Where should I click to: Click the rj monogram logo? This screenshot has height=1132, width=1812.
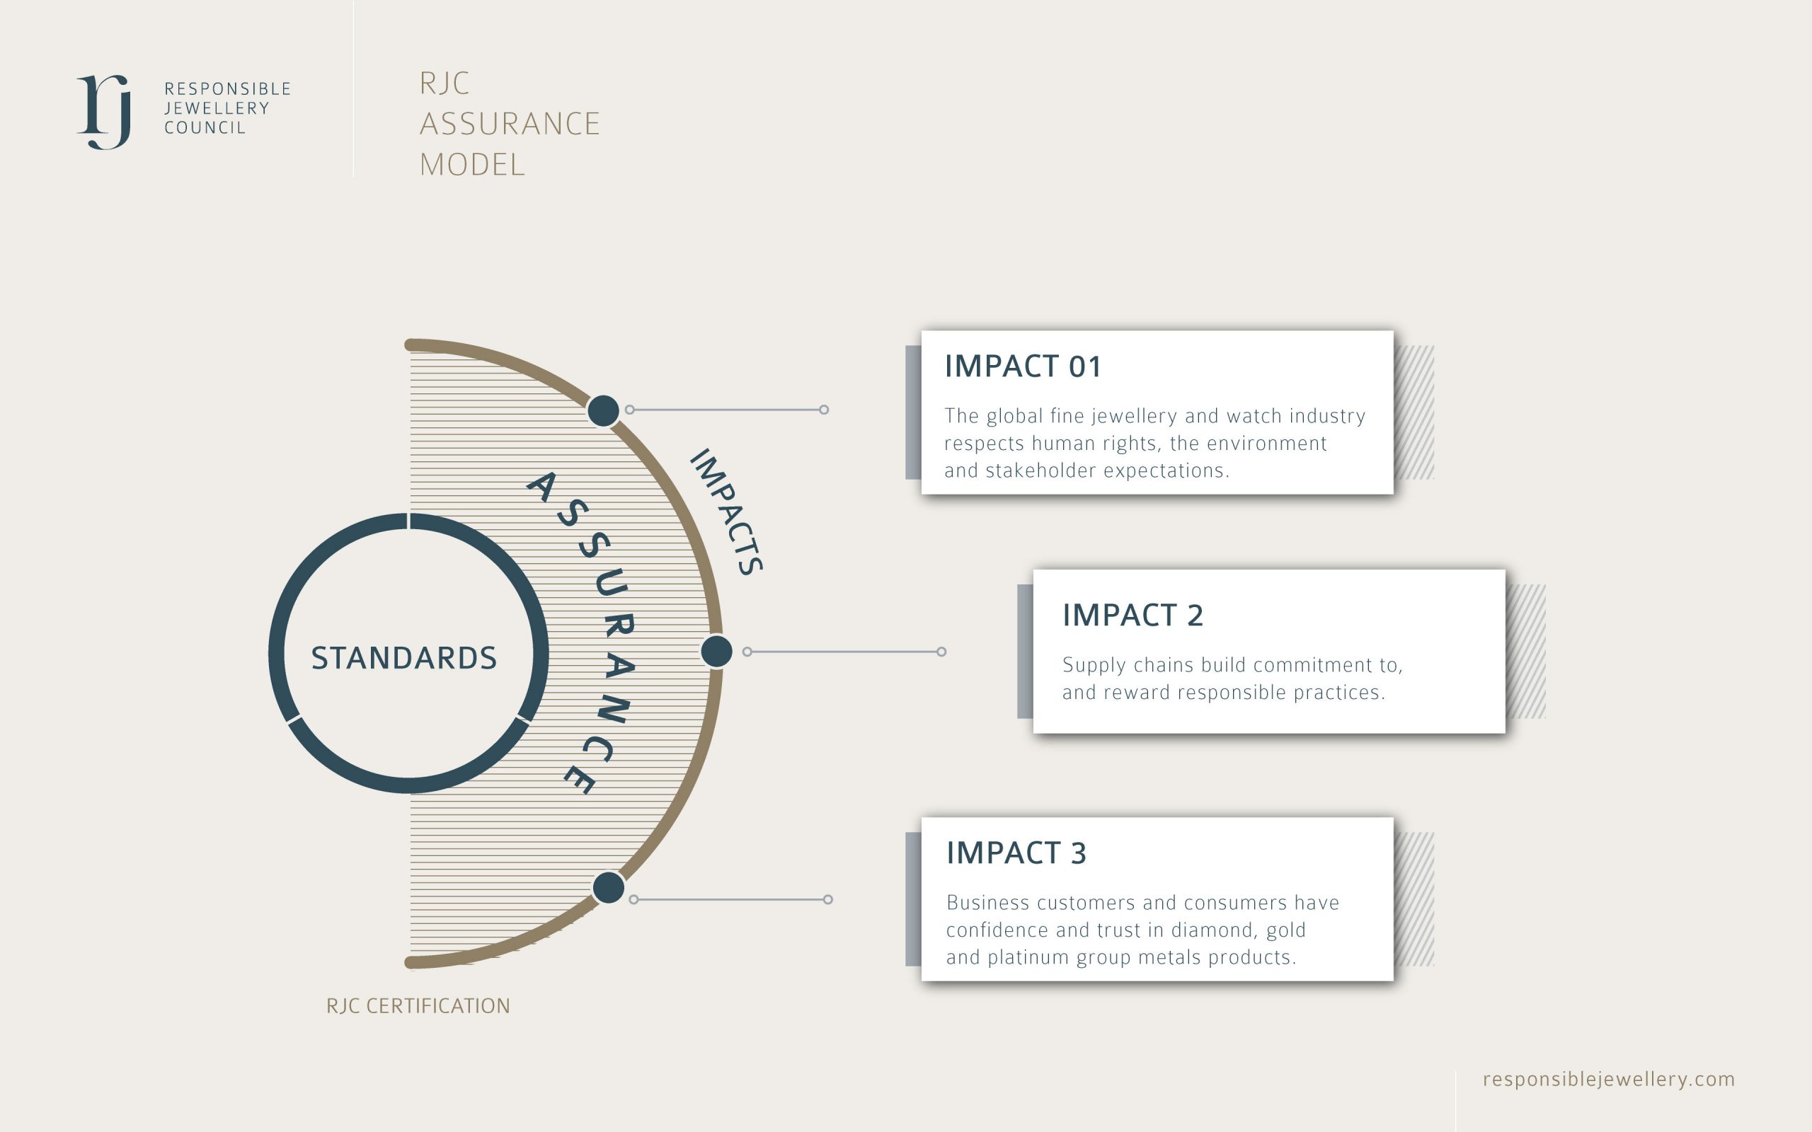[104, 112]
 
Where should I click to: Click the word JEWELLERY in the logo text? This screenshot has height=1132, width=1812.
[217, 108]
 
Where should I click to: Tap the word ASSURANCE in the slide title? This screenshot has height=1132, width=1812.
[510, 124]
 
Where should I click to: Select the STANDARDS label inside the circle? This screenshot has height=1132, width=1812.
[403, 658]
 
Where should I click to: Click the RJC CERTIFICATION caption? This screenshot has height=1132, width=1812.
[418, 1005]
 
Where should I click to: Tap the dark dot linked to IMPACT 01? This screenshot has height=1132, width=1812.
[604, 410]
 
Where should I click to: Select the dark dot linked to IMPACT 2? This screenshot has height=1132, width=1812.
[716, 652]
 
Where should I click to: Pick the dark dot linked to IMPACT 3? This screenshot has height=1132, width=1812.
[609, 888]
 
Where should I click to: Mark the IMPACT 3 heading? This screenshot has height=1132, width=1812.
[1016, 853]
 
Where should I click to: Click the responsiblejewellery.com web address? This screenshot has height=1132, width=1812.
[1609, 1079]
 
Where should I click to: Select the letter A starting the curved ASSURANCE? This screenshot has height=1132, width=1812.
[541, 487]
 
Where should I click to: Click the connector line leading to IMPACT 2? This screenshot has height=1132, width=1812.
[844, 652]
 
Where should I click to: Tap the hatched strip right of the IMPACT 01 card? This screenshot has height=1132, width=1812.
[1414, 412]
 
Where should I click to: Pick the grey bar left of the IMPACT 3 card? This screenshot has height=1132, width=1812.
[913, 899]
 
